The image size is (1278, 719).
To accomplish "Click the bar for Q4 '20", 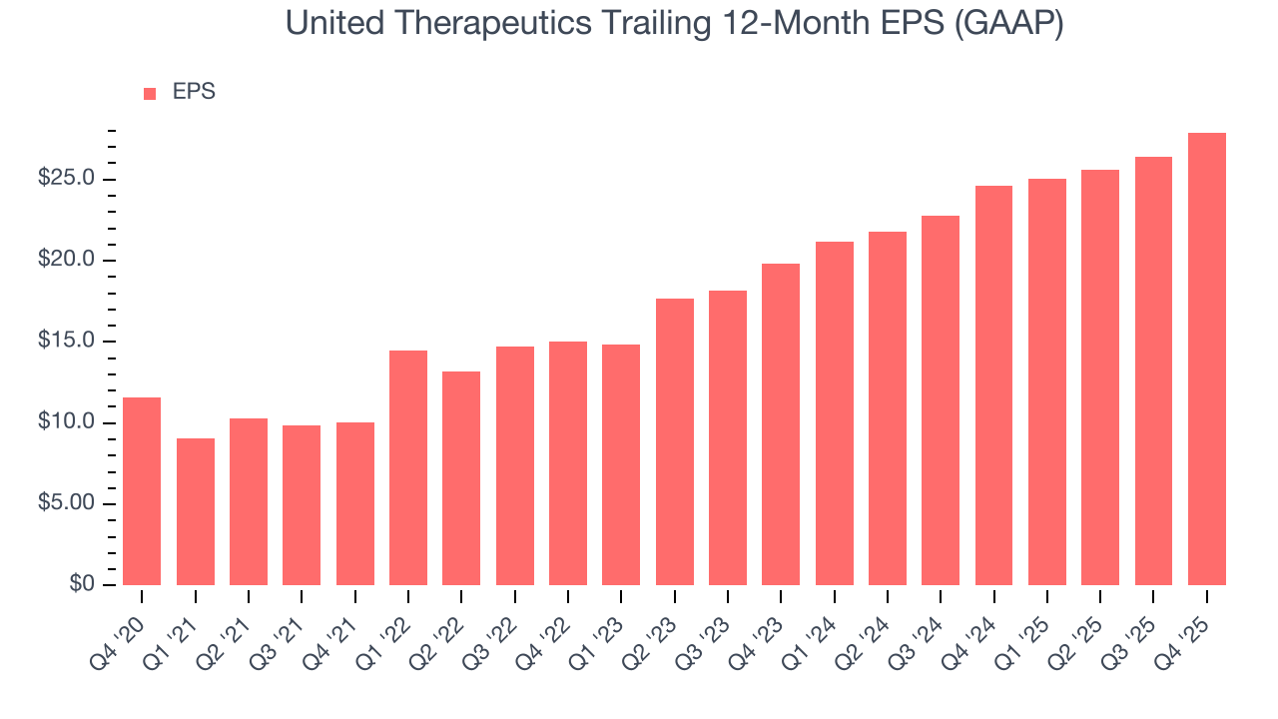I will click(142, 491).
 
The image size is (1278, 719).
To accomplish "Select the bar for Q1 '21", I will click(196, 511).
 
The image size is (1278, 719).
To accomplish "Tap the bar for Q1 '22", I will click(408, 467).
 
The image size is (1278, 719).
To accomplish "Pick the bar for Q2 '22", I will click(461, 478).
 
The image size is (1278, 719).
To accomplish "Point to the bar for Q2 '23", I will click(675, 441).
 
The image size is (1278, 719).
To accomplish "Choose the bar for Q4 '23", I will click(781, 424).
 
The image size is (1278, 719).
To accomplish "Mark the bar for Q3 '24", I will click(941, 400).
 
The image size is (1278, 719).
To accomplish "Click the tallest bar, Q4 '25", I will click(1207, 359).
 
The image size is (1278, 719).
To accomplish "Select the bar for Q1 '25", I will click(1047, 381).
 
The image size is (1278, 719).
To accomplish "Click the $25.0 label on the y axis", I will click(67, 179).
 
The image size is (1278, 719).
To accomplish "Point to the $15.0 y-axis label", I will click(67, 342).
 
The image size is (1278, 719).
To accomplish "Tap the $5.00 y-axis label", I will click(67, 503).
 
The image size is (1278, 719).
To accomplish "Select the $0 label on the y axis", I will click(83, 584).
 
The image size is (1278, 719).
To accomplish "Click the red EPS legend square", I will click(150, 93).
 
